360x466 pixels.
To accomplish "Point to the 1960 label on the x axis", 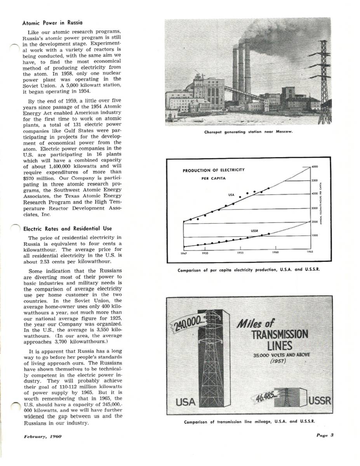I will (275, 252).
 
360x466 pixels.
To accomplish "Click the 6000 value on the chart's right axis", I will (315, 167).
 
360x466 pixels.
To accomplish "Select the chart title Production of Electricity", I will (213, 170).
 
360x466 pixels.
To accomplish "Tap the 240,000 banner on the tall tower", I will (184, 322).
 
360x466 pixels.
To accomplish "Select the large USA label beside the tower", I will (185, 402).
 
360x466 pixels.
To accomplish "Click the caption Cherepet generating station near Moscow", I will (248, 132).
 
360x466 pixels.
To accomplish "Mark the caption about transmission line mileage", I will (249, 421).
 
